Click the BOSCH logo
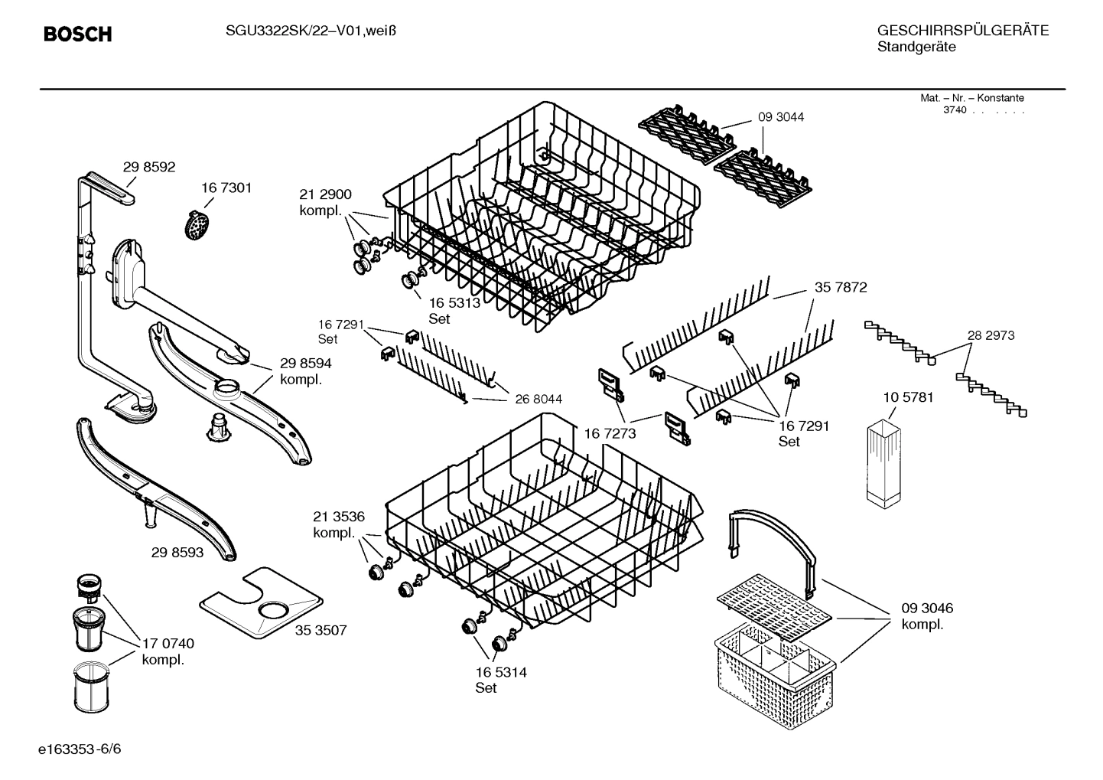77,34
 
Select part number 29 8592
149,167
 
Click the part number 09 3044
781,117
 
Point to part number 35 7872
841,288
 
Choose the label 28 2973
991,335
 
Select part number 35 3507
321,630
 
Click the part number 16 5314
501,672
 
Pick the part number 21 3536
338,516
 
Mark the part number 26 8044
538,399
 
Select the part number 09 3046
927,609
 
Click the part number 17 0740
168,644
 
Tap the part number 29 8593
177,551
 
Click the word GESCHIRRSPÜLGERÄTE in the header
962,31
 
